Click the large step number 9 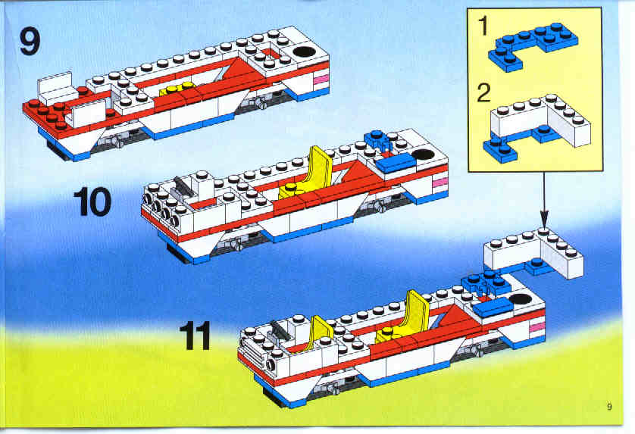pos(30,42)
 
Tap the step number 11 pos(196,336)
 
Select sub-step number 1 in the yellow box pos(484,26)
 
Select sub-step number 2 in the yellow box pos(484,92)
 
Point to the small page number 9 pos(609,407)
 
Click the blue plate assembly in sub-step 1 pos(533,45)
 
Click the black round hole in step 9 pos(305,52)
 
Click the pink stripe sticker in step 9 pos(321,80)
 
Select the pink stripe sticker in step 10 pos(439,183)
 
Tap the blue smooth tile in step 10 pos(396,162)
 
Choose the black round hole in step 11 pos(521,300)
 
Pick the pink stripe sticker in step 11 pos(537,326)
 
